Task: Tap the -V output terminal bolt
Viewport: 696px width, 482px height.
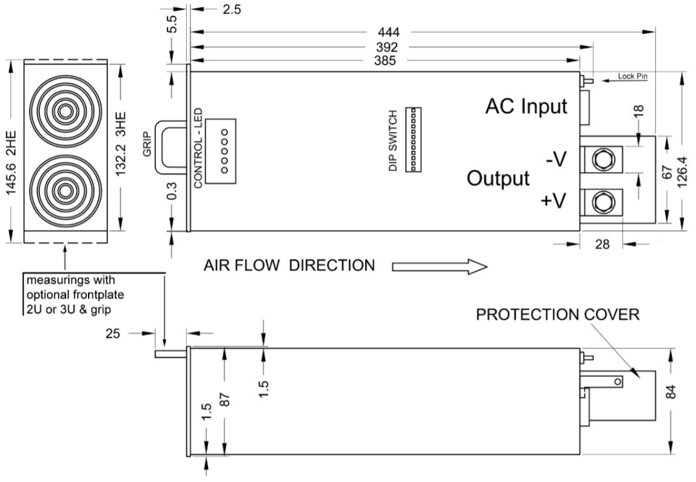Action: coord(601,160)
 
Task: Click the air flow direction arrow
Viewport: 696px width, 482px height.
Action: coord(439,266)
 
